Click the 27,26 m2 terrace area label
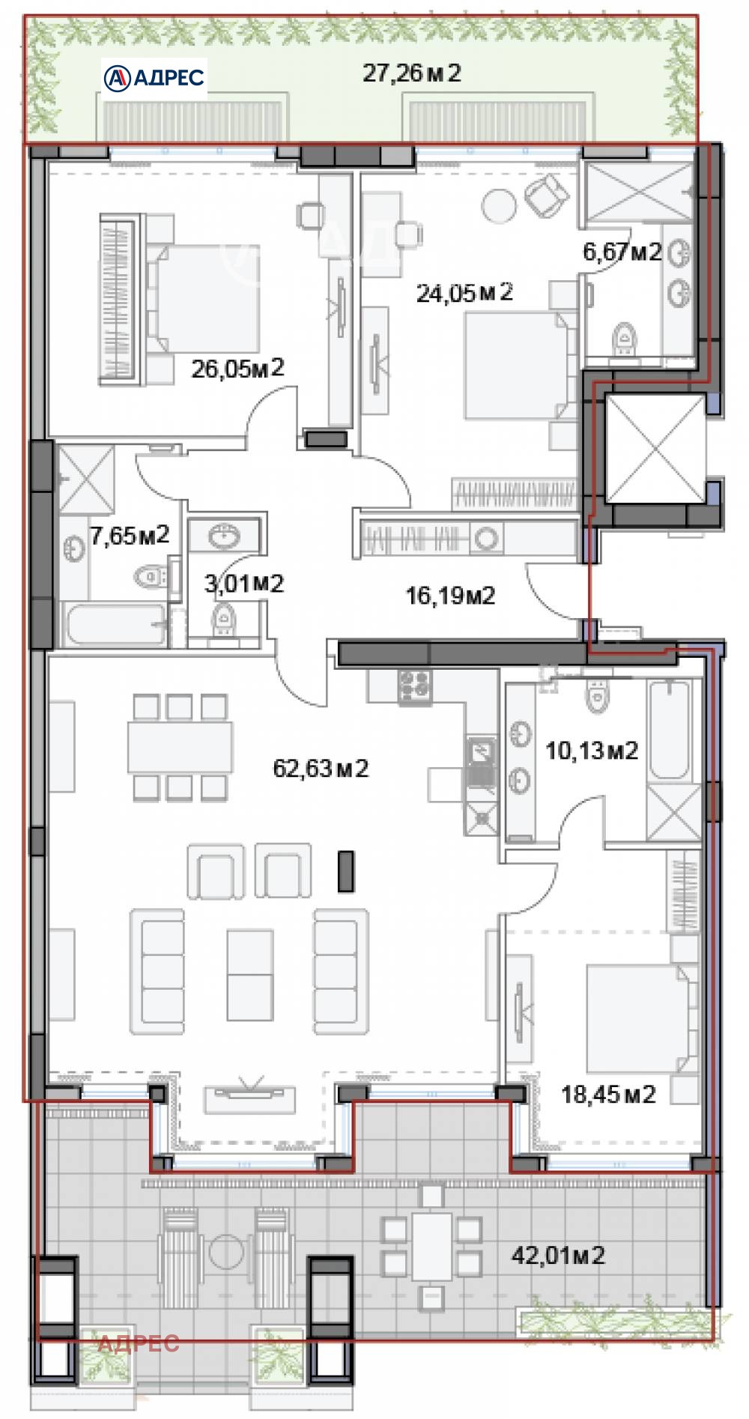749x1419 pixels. pos(411,73)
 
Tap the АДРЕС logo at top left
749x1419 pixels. pos(154,76)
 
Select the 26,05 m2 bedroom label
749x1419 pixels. pos(237,368)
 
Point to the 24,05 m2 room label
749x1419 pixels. pos(464,292)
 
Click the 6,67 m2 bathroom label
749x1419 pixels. pos(622,252)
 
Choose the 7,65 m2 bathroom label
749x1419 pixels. pos(130,535)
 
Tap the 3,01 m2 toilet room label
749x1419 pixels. pos(244,583)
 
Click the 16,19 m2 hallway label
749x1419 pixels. pos(450,596)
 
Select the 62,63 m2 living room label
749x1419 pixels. pos(321,769)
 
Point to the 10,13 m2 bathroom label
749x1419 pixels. pos(591,750)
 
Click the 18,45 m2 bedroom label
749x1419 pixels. pos(608,1095)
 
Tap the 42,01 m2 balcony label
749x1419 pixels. pos(558,1254)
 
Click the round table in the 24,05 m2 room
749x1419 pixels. pos(498,204)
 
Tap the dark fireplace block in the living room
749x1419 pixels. pos(345,871)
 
